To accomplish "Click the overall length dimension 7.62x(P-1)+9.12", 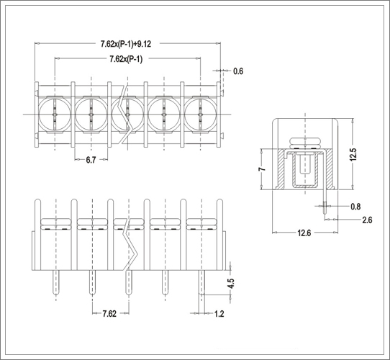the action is [x=126, y=44].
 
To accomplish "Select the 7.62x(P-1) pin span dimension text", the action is [x=126, y=59].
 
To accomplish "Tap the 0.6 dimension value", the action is [x=238, y=71].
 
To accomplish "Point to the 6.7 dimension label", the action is [x=91, y=160].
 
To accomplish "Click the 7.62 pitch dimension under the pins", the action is [x=109, y=313].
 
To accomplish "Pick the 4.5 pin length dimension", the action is [x=231, y=283].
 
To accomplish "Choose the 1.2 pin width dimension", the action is [x=219, y=314].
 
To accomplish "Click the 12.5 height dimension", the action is [x=353, y=155].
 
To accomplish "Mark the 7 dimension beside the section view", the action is [x=262, y=169].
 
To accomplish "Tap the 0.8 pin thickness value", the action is [x=355, y=207].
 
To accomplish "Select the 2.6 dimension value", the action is [x=367, y=220].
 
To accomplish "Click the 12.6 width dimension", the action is [x=304, y=233].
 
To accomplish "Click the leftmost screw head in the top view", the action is [x=55, y=114].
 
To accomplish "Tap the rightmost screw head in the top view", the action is [x=200, y=114].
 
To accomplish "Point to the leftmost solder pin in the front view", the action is [x=56, y=283].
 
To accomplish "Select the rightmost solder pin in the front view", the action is [x=201, y=283].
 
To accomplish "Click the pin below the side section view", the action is [x=325, y=202].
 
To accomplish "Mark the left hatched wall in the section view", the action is [x=281, y=168].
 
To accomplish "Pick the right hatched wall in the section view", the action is [x=330, y=168].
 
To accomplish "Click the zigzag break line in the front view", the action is [x=130, y=246].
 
